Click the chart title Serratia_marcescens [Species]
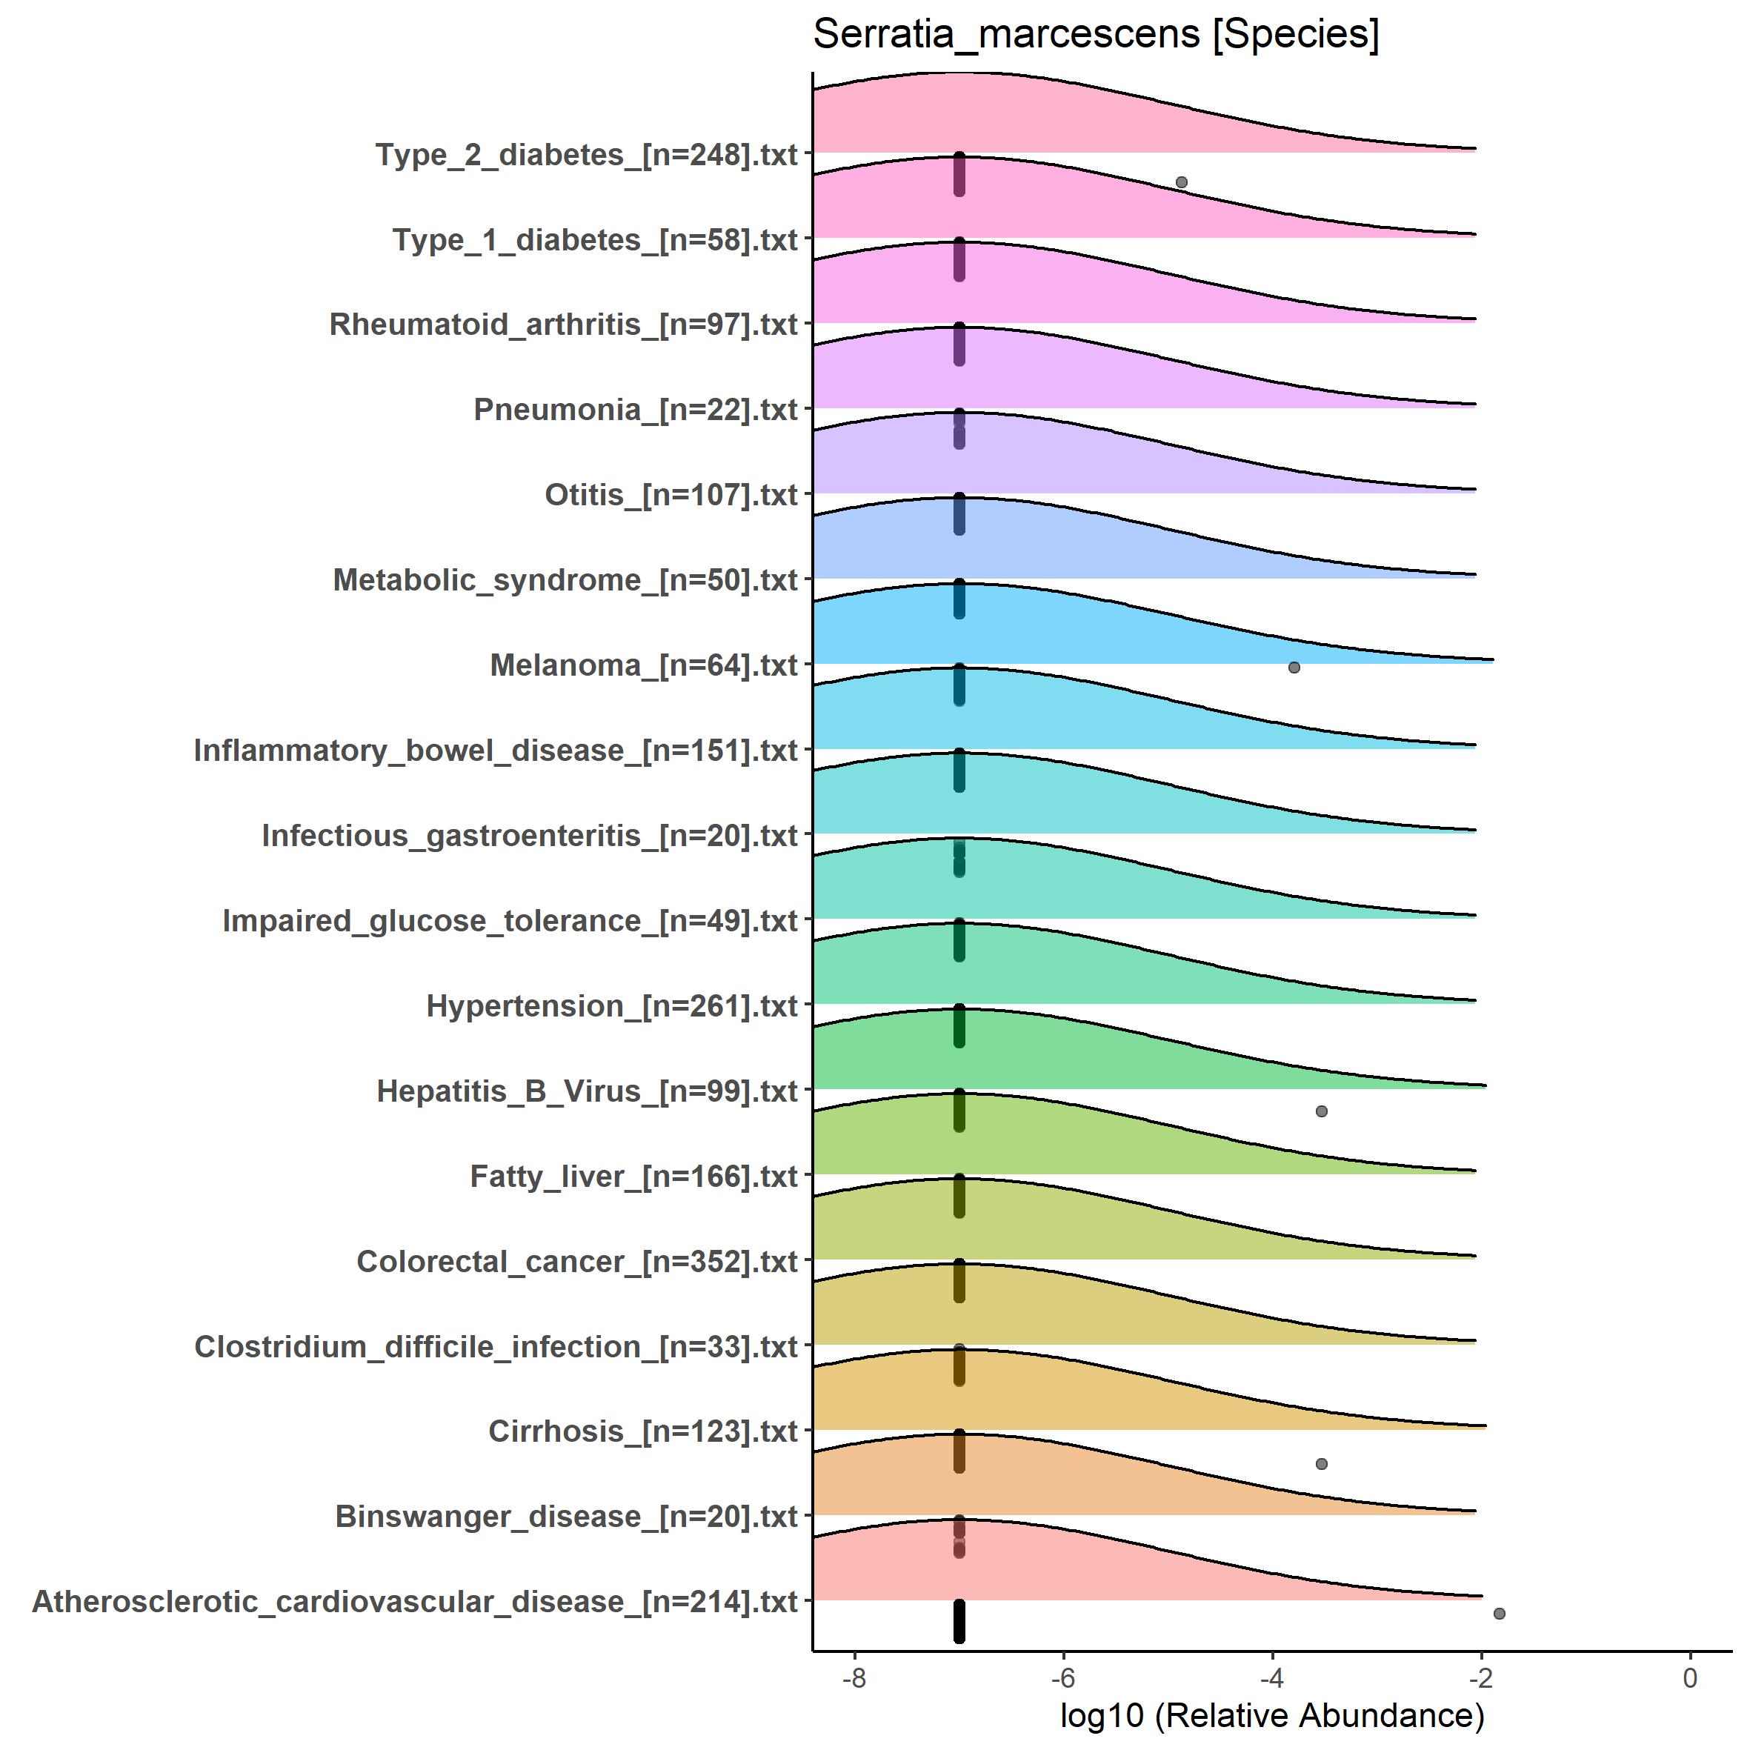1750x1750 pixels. pos(1096,36)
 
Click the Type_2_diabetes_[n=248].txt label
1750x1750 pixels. pos(587,155)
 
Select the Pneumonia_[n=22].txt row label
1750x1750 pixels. pos(636,410)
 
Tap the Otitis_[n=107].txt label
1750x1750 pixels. pos(671,496)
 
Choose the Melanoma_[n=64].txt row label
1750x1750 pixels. pos(644,666)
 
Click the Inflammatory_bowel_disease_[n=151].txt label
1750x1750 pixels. pos(496,751)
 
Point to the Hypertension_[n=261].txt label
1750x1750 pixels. pos(612,1006)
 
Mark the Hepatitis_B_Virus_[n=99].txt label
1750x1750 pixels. pos(587,1091)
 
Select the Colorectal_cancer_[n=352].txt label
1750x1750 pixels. pos(577,1262)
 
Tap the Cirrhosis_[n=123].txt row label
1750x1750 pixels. pos(643,1432)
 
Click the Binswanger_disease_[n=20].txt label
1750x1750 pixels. pos(566,1517)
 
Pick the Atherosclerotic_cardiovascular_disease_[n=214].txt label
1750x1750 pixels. pos(415,1603)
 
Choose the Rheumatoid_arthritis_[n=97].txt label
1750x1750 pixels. pos(563,325)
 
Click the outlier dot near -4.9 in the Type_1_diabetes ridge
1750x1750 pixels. pos(1181,182)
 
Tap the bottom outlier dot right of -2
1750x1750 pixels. pos(1499,1613)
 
